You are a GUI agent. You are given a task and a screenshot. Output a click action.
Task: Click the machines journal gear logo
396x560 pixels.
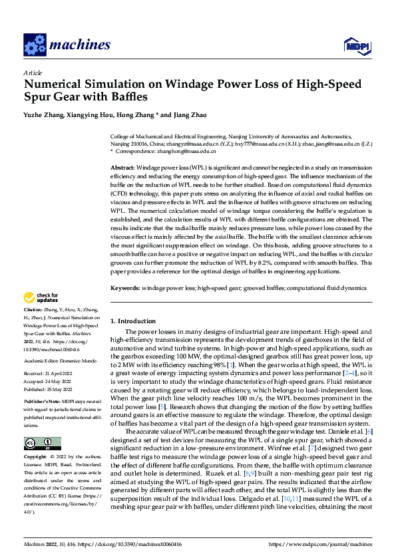[34, 45]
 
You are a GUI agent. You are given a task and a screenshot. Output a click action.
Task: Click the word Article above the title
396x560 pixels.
[32, 72]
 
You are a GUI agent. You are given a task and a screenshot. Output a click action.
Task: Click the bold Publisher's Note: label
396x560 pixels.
[41, 403]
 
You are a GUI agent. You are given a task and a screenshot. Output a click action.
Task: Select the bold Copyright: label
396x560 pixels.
[35, 458]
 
